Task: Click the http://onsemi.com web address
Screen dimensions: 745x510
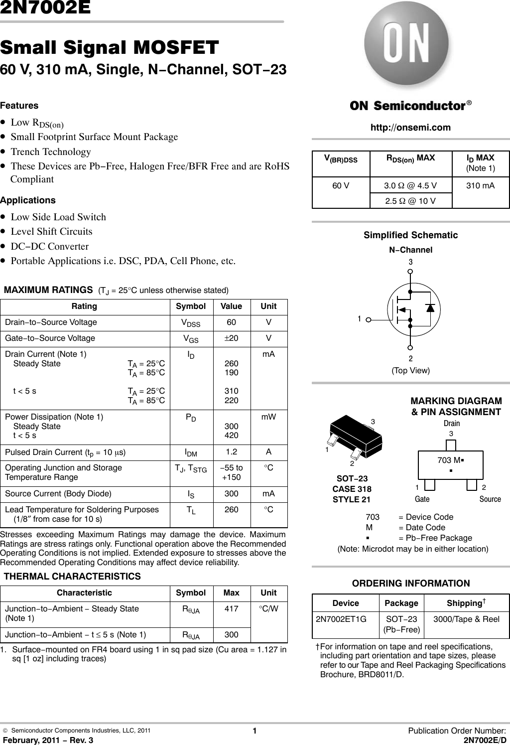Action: click(410, 128)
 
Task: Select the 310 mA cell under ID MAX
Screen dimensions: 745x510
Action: click(480, 186)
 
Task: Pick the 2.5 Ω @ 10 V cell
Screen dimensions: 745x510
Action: click(410, 200)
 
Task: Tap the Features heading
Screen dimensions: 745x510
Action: click(19, 106)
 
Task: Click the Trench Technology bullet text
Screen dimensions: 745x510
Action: click(51, 151)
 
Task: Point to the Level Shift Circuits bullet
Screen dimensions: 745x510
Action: click(51, 231)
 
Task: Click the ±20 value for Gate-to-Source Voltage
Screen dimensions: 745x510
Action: click(231, 338)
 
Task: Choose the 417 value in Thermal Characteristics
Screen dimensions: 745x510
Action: click(231, 608)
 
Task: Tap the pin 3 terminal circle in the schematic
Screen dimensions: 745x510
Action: click(410, 272)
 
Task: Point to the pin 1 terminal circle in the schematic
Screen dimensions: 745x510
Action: click(368, 321)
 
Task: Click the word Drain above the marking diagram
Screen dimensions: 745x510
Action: click(452, 423)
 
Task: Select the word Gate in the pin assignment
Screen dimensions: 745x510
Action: click(422, 499)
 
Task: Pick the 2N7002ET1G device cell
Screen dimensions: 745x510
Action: click(341, 619)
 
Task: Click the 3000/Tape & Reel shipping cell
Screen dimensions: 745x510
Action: click(466, 619)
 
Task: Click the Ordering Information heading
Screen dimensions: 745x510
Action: click(410, 584)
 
